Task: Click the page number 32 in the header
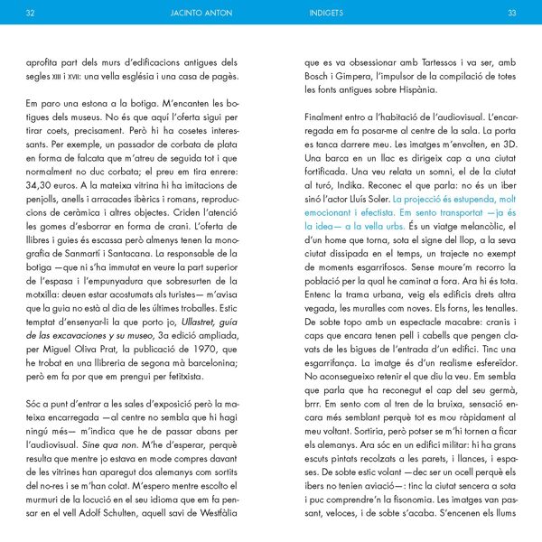click(31, 13)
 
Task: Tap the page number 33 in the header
click(511, 13)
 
